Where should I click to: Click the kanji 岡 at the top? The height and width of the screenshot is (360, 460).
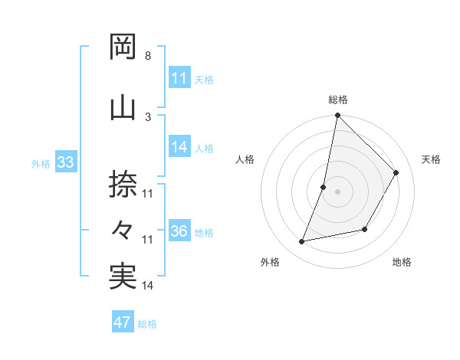point(123,47)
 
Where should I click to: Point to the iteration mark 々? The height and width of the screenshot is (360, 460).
point(123,229)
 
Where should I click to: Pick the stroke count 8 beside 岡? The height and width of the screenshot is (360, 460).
point(147,56)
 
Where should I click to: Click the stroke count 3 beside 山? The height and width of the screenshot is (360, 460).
point(147,116)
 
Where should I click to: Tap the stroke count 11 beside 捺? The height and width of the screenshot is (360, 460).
point(148,194)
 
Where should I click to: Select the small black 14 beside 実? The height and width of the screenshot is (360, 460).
point(148,286)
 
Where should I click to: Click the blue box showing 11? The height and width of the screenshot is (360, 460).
point(179,78)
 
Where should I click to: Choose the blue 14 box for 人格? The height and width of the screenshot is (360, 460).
point(179,147)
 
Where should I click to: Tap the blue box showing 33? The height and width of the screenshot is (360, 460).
point(65,162)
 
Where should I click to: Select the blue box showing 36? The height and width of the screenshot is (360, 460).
point(179,231)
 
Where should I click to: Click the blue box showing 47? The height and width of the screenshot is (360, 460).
point(123,322)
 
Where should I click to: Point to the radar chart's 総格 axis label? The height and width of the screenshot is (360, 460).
point(338,100)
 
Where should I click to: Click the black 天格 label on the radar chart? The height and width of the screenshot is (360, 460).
point(431,159)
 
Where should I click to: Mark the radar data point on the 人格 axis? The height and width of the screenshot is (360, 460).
point(324,187)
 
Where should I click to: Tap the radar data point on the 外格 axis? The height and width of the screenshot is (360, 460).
point(302,242)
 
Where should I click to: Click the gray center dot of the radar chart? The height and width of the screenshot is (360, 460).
point(337,191)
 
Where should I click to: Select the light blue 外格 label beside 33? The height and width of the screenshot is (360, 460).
point(41,163)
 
